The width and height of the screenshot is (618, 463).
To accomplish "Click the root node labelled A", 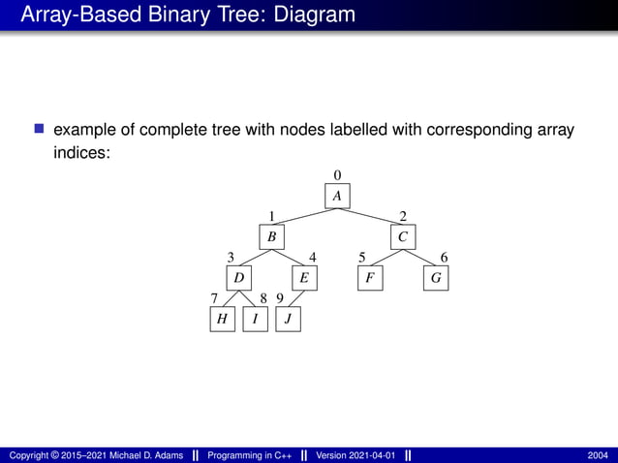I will click(x=337, y=196).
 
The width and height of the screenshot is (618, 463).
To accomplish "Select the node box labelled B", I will click(x=272, y=236).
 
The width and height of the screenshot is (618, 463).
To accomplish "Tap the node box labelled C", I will click(x=403, y=236).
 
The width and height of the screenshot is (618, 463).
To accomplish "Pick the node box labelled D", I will click(x=238, y=278).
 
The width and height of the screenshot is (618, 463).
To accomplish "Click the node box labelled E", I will click(x=304, y=278).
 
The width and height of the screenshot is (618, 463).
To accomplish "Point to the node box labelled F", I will click(x=369, y=278).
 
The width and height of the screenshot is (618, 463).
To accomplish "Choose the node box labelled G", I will click(x=436, y=278).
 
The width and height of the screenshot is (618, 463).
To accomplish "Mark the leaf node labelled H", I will click(x=222, y=319).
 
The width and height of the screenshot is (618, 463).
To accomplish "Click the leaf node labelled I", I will click(x=255, y=319).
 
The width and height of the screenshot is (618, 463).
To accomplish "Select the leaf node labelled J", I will click(x=289, y=319).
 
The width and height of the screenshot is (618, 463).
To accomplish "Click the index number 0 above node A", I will click(x=337, y=174).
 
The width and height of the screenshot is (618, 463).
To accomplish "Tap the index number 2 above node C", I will click(x=403, y=216).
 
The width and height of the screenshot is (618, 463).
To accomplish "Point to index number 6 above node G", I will click(x=444, y=258).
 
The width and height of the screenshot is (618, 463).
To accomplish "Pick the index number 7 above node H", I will click(x=214, y=299).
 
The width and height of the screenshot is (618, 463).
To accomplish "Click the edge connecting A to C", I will click(x=372, y=217).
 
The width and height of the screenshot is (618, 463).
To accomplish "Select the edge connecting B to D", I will click(x=255, y=258).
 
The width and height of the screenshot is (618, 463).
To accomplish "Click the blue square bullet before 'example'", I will click(x=40, y=129).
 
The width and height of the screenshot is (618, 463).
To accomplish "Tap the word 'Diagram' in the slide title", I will click(x=308, y=15).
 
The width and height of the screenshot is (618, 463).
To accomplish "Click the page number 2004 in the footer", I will click(x=598, y=455).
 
